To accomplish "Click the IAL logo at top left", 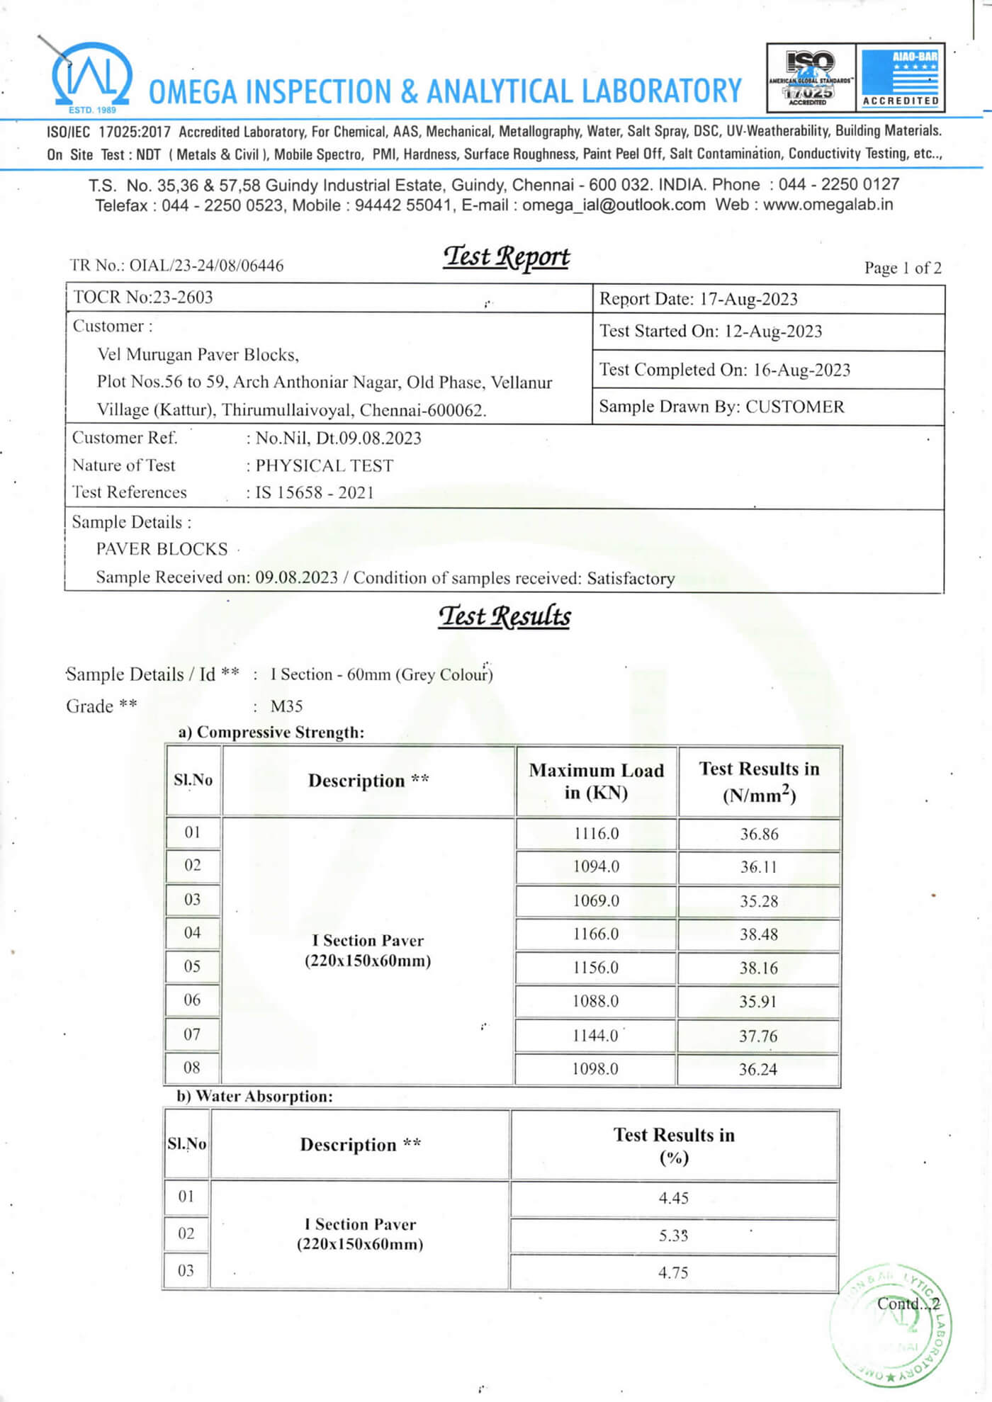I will tap(90, 77).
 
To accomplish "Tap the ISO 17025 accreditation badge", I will tap(811, 78).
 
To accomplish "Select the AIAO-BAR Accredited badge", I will tap(900, 78).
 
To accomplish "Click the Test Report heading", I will tap(506, 257).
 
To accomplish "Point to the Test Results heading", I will tap(504, 616).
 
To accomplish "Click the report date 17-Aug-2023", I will tap(748, 299).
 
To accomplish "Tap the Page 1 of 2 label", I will tap(902, 268).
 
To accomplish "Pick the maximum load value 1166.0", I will tap(595, 934).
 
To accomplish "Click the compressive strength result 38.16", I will tap(758, 968).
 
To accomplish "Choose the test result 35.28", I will tap(758, 901).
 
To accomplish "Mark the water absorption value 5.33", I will tap(673, 1236).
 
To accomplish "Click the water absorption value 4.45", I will tap(673, 1198).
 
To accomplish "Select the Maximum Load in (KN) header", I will tap(596, 781).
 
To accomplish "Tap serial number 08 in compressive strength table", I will tap(192, 1068).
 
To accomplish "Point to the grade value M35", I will tap(286, 706).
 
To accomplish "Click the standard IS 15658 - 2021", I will tap(314, 492).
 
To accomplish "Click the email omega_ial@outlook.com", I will tap(614, 205).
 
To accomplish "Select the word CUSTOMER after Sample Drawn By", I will tap(794, 407).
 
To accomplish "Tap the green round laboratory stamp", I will tap(891, 1323).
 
